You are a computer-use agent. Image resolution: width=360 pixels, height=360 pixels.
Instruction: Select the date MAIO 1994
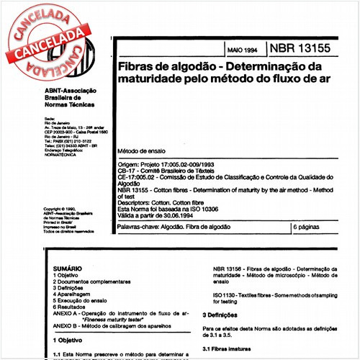[241, 51]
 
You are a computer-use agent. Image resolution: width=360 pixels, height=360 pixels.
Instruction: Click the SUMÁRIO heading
[67, 268]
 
